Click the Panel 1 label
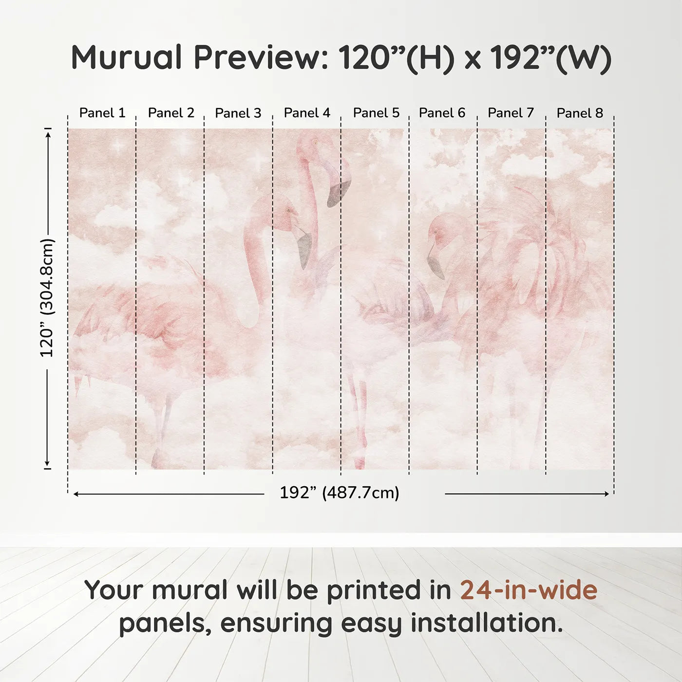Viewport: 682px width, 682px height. pyautogui.click(x=102, y=113)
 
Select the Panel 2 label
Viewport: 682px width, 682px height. pyautogui.click(x=171, y=113)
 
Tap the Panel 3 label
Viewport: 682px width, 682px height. pyautogui.click(x=238, y=113)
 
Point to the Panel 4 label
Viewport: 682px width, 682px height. pyautogui.click(x=307, y=113)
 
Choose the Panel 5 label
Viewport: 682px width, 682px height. pyautogui.click(x=376, y=113)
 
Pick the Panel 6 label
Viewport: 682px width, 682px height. pyautogui.click(x=442, y=113)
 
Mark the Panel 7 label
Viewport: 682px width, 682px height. pyautogui.click(x=511, y=113)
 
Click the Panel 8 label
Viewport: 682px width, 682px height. pyautogui.click(x=580, y=113)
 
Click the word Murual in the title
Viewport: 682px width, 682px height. pyautogui.click(x=127, y=57)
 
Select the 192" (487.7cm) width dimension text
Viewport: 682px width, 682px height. pyautogui.click(x=339, y=493)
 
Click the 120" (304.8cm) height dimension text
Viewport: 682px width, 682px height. pyautogui.click(x=47, y=298)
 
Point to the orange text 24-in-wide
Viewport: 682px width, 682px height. pyautogui.click(x=529, y=590)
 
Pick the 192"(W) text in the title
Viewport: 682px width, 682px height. pyautogui.click(x=550, y=57)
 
